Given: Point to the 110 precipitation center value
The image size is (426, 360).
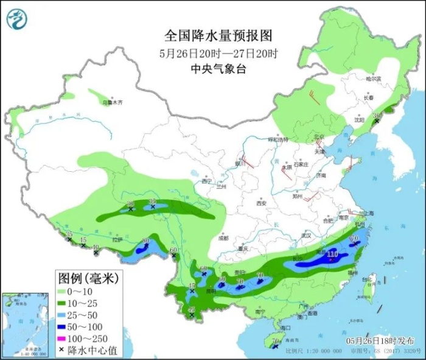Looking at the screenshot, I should pyautogui.click(x=332, y=254).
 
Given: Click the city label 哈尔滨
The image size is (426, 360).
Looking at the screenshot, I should pyautogui.click(x=373, y=79).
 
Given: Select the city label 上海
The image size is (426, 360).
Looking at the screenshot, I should pyautogui.click(x=366, y=213).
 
